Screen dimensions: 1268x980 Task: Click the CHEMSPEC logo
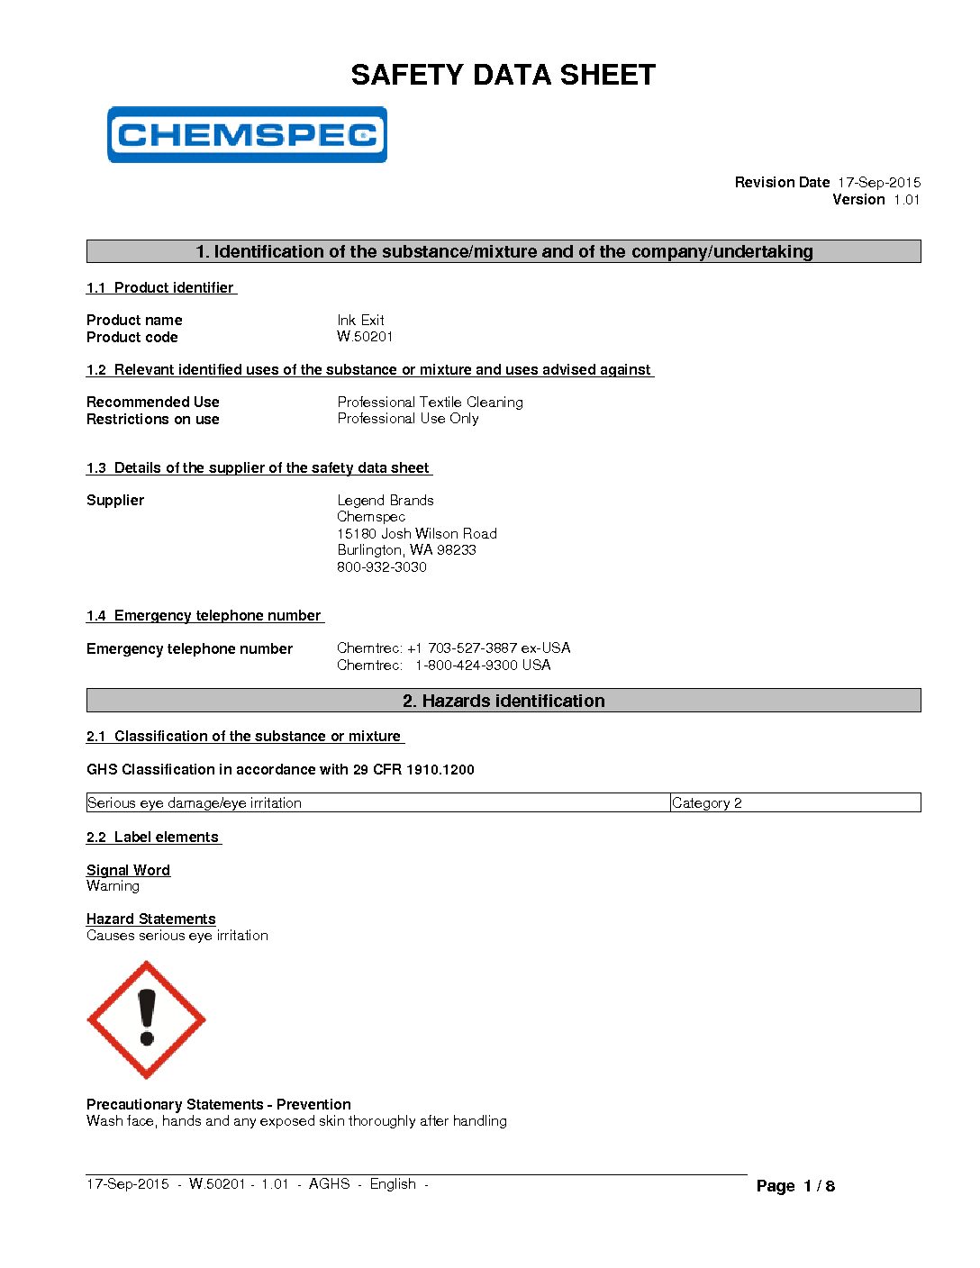pos(247,135)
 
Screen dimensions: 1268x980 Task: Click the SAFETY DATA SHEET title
pos(503,75)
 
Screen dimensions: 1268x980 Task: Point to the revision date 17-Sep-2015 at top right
pos(878,182)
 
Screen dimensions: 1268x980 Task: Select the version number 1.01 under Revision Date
pos(906,200)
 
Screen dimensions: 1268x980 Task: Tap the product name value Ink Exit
pos(360,320)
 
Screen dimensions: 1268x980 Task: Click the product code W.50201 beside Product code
pos(365,337)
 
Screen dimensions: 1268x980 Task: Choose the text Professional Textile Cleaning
pos(430,402)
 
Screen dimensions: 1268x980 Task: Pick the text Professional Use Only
pos(408,419)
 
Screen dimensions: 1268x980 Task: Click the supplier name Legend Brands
pos(386,500)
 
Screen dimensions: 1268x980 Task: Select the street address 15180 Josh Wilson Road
pos(417,533)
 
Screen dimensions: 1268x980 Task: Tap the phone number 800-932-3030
pos(382,566)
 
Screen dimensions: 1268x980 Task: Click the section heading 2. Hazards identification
pos(504,701)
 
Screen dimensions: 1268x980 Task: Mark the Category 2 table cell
pos(707,802)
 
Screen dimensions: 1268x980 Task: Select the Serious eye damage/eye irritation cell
pos(195,802)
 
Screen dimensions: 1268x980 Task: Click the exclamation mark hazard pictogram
pos(146,1019)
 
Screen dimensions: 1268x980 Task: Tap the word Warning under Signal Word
pos(113,886)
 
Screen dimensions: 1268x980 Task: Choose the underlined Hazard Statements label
pos(151,919)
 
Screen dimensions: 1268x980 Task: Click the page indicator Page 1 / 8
pos(795,1186)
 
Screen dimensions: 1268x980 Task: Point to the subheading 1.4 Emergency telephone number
pos(204,616)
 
